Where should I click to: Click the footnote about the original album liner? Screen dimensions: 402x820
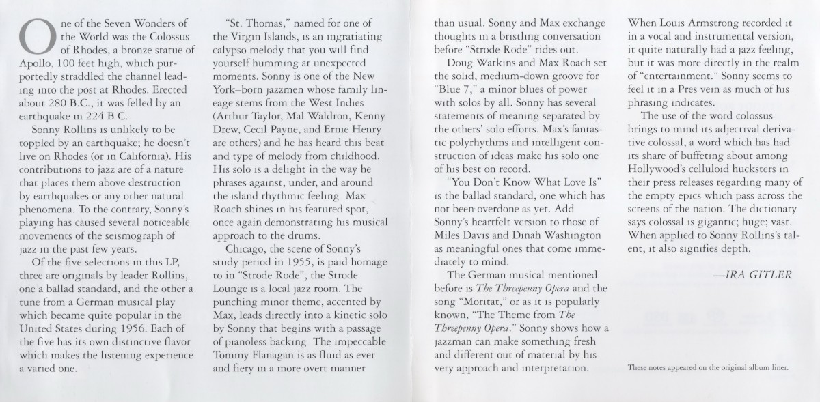click(x=708, y=368)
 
